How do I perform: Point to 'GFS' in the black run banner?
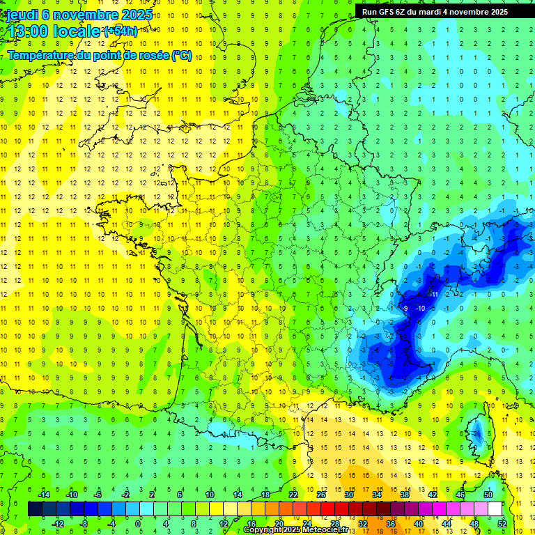387,12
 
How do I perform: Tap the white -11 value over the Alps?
434,295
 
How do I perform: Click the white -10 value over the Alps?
420,308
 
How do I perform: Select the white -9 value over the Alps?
405,308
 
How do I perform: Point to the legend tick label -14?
45,494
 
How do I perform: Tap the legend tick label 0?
138,524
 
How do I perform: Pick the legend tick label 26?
321,494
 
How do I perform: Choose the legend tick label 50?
488,494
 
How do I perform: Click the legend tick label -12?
58,524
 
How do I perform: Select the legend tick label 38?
405,494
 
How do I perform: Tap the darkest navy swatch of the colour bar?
35,509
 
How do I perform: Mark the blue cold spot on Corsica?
478,434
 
